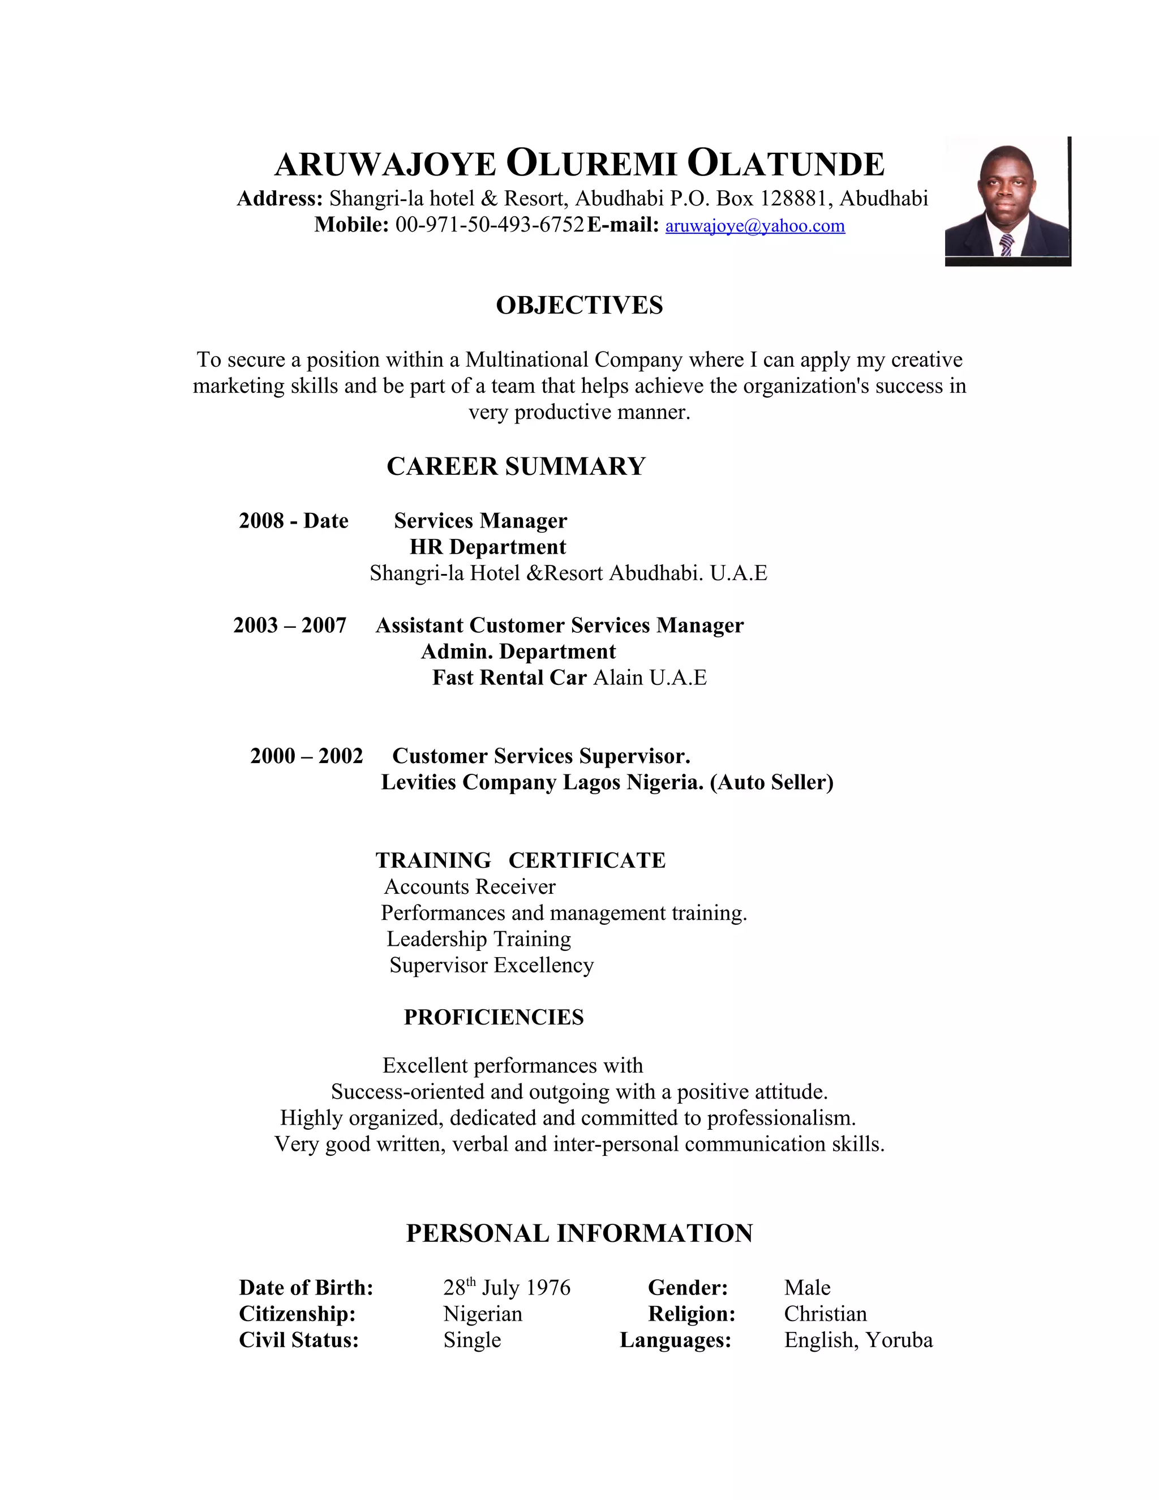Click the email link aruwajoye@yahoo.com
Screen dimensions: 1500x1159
(754, 226)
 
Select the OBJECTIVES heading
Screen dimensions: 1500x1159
(579, 306)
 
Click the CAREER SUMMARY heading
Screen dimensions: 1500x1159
(516, 466)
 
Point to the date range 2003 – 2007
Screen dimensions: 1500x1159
(290, 625)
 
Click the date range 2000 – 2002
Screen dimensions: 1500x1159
(306, 756)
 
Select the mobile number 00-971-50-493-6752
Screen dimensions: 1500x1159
(490, 225)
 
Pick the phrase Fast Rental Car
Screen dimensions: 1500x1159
(509, 677)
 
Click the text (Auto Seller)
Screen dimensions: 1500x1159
(772, 782)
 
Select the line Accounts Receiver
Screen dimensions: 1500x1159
(470, 886)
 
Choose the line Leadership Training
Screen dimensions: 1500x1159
(479, 939)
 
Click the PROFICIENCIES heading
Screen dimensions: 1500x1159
(493, 1017)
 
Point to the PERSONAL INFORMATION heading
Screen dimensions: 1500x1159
(579, 1233)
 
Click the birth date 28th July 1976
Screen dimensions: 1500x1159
(506, 1288)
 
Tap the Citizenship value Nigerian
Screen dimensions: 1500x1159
(483, 1314)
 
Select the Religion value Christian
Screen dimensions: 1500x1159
(825, 1314)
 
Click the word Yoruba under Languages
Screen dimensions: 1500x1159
(899, 1340)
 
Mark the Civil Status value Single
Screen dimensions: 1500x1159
(473, 1340)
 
